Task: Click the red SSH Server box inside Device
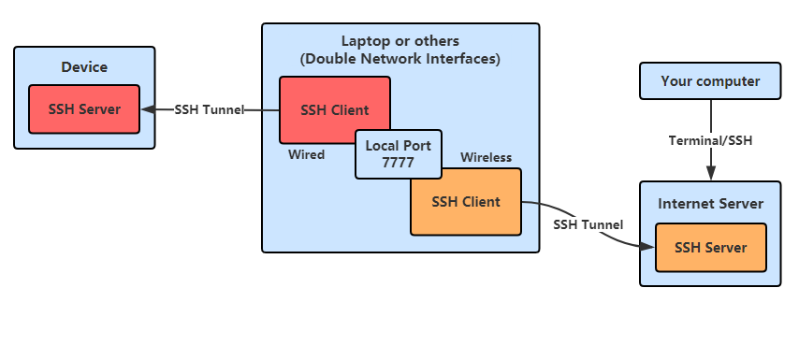point(84,109)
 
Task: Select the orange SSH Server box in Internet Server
point(711,248)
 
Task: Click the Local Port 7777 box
point(398,154)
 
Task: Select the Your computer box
point(710,81)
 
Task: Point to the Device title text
point(84,67)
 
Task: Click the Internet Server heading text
point(711,204)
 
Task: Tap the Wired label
point(306,154)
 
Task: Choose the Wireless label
point(486,157)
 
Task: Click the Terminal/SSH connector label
point(711,140)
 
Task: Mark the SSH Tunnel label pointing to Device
point(209,109)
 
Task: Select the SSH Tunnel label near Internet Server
point(588,224)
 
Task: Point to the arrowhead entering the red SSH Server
point(147,109)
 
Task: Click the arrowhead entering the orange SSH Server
point(648,247)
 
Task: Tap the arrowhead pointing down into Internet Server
point(711,174)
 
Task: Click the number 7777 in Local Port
point(398,163)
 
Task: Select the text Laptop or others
point(399,41)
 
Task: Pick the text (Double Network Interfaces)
point(399,59)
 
